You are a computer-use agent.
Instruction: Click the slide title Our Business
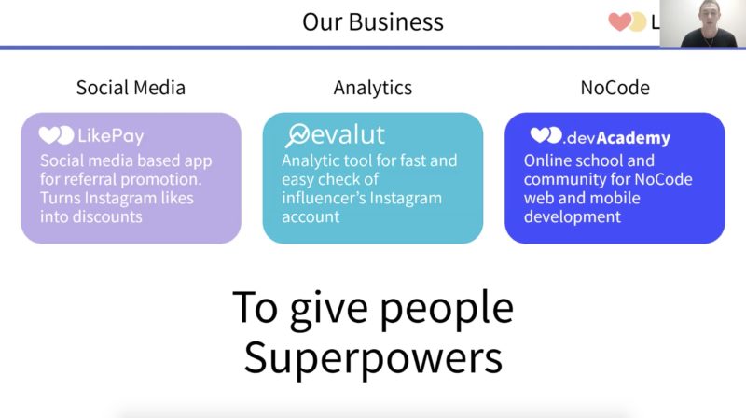[372, 21]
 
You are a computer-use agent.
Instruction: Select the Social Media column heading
[131, 88]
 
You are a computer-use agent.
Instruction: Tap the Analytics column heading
[372, 88]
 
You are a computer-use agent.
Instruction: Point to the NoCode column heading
[615, 88]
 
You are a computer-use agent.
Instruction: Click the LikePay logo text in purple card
[110, 136]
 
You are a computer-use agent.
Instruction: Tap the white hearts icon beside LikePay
[56, 135]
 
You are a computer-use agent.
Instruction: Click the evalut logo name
[347, 134]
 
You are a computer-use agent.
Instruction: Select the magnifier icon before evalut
[297, 135]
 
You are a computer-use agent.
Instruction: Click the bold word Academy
[633, 138]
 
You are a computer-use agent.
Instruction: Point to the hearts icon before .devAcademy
[546, 135]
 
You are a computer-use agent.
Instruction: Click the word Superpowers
[373, 358]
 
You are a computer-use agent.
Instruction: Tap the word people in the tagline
[447, 309]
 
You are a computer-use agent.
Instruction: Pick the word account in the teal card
[311, 217]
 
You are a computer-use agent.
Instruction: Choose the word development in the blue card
[573, 217]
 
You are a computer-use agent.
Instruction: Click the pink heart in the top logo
[620, 21]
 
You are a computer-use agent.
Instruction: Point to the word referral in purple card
[90, 179]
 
